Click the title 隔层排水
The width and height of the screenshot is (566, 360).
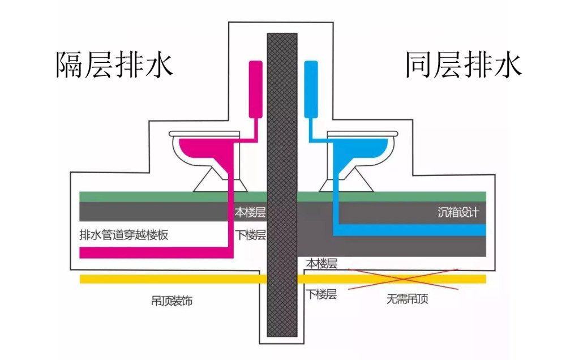pos(114,66)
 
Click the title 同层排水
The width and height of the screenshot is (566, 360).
pos(462,66)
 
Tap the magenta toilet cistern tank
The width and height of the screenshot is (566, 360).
pos(255,89)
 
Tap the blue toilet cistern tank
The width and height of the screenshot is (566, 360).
pos(311,89)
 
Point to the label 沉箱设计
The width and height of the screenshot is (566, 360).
pos(458,213)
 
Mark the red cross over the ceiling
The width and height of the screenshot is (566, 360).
pos(403,278)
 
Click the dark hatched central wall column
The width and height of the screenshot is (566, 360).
pos(282,187)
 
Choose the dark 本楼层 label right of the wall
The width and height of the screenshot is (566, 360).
pos(321,264)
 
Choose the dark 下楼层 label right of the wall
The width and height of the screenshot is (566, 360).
pos(321,294)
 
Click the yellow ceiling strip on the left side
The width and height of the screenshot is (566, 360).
pos(170,279)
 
